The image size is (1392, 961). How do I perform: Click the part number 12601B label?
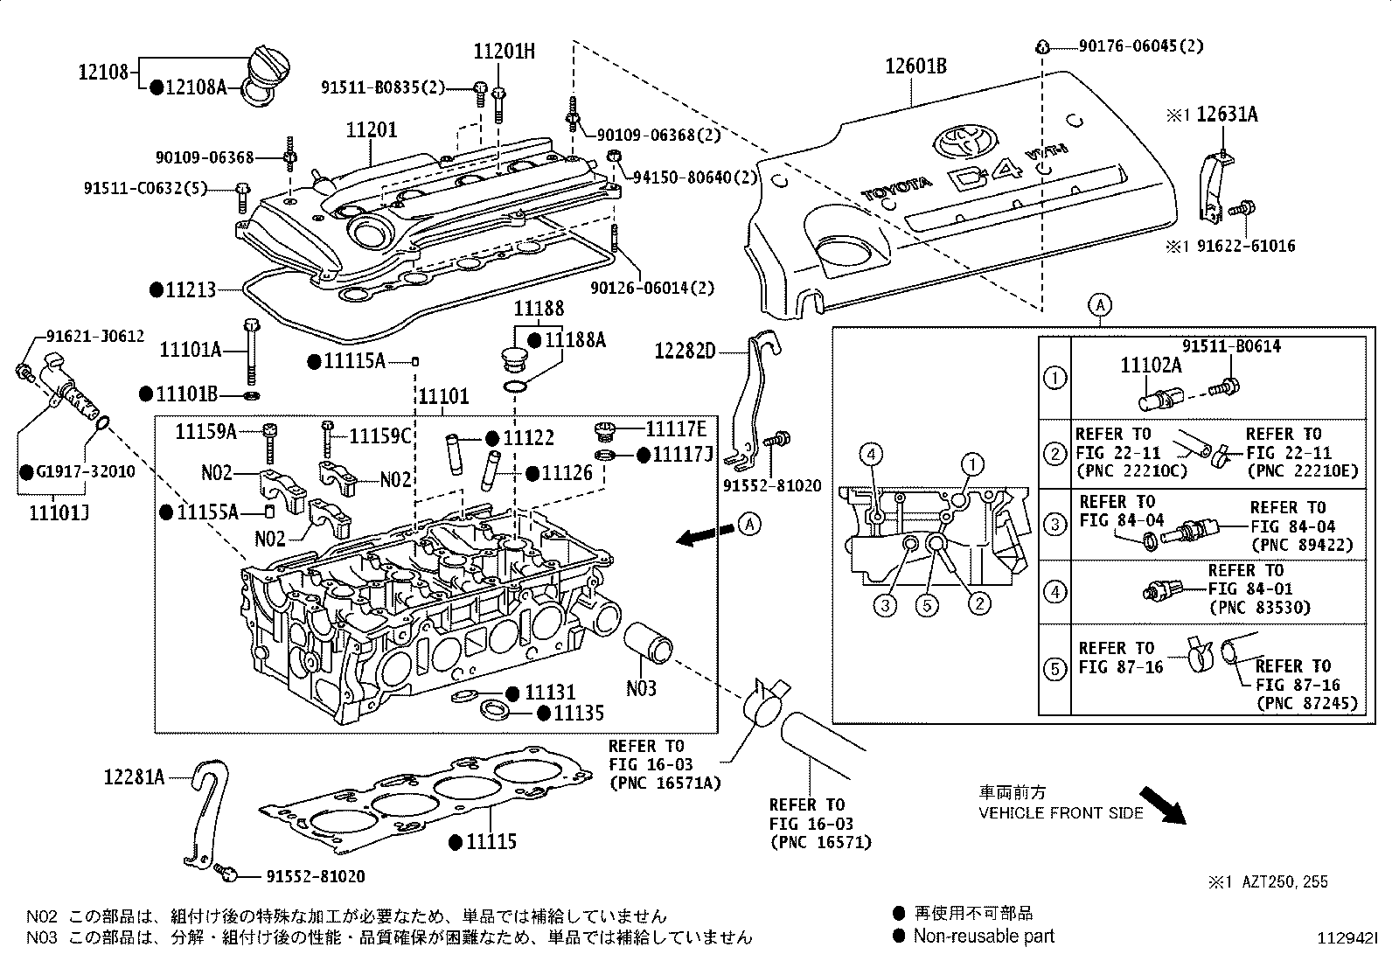click(x=915, y=66)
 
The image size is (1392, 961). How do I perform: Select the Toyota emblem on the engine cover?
click(x=964, y=141)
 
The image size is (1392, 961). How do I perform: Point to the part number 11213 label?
click(x=191, y=289)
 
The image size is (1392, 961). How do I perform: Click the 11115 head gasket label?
click(x=491, y=842)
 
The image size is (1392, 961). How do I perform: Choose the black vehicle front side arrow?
click(x=1162, y=805)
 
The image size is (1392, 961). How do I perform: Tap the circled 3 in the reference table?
click(x=1054, y=524)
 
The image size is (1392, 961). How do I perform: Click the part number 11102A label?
click(x=1151, y=366)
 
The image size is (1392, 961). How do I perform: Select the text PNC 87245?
click(x=1306, y=703)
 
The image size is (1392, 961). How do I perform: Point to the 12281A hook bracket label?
click(x=134, y=777)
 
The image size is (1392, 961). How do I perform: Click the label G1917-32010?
click(x=85, y=472)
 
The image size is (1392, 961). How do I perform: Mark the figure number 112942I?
click(x=1347, y=938)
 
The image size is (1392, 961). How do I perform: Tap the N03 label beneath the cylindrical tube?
click(x=641, y=688)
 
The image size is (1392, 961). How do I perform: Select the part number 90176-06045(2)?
click(x=1141, y=46)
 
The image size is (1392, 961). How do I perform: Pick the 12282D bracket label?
click(x=685, y=352)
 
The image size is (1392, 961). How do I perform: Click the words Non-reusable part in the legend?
click(x=984, y=937)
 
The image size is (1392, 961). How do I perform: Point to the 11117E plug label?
click(x=676, y=428)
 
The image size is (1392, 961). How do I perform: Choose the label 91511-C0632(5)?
click(x=145, y=188)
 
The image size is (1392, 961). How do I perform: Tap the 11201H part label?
click(x=504, y=51)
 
